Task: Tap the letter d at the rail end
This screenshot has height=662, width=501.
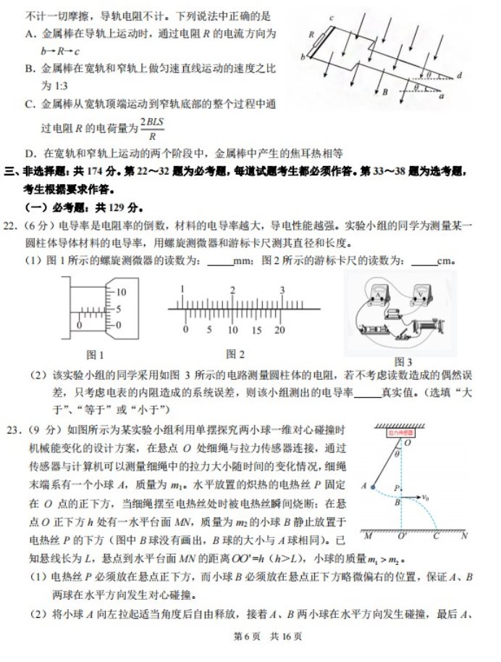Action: [460, 75]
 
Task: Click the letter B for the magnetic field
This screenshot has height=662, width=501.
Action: [386, 92]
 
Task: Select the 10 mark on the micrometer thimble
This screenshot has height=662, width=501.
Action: [121, 291]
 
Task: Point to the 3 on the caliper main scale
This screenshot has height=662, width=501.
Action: [282, 290]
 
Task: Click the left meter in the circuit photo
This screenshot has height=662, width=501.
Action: [376, 291]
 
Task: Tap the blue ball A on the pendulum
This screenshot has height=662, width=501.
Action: [373, 487]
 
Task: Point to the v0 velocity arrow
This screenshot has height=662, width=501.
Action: [415, 497]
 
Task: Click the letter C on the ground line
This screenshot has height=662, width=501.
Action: [437, 537]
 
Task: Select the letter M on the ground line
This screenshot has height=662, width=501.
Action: [368, 537]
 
